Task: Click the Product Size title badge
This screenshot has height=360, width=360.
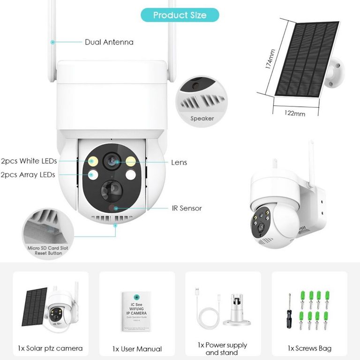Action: pos(180,15)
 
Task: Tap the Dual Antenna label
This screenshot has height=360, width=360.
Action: pos(109,42)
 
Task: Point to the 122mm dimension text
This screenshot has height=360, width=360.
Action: pos(295,113)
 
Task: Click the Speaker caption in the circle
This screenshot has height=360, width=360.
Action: pos(202,119)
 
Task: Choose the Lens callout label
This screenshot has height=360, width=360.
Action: pos(179,163)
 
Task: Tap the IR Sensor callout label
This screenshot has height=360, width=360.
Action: pos(187,208)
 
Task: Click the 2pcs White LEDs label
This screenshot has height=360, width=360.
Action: pos(29,161)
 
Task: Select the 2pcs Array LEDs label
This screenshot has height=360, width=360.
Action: pos(28,175)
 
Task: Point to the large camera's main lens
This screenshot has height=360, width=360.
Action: pos(112,161)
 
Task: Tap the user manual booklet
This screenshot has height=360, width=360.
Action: pos(137,310)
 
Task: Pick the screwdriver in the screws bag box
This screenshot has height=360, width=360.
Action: pos(290,311)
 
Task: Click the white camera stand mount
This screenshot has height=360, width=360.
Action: pos(236,310)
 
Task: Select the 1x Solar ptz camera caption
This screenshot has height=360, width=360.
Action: pos(50,348)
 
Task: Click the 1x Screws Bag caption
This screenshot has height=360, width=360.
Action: pos(309,348)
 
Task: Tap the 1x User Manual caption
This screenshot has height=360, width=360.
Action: pos(137,349)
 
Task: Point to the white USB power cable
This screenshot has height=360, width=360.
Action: pos(204,312)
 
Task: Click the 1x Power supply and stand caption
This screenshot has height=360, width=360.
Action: pos(223,349)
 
